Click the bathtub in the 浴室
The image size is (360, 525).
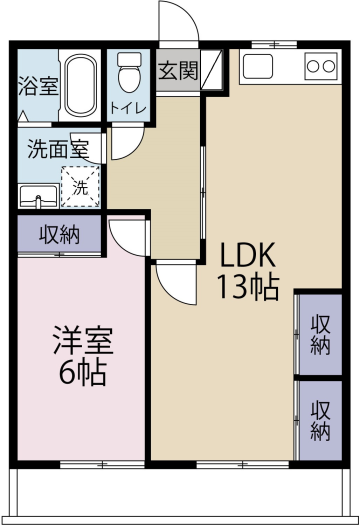(x=80, y=85)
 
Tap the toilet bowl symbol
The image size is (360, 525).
(x=129, y=72)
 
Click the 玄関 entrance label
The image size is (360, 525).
(x=177, y=71)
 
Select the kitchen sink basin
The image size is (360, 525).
(x=258, y=66)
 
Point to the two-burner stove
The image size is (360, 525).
(x=321, y=66)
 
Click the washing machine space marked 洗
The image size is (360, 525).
(x=80, y=187)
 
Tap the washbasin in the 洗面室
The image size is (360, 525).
(x=39, y=196)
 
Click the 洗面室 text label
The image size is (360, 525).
(x=58, y=149)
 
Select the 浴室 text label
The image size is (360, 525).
(x=38, y=85)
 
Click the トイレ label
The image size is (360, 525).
(x=128, y=108)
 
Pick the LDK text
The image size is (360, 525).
(x=247, y=254)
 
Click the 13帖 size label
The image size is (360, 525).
(x=248, y=287)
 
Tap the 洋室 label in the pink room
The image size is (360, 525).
(x=83, y=340)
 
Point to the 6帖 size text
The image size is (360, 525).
(x=83, y=372)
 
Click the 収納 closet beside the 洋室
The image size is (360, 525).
(x=59, y=234)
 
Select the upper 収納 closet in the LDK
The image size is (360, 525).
(x=320, y=334)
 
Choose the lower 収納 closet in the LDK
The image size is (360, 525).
(x=320, y=421)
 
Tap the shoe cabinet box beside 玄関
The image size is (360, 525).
(x=212, y=70)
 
